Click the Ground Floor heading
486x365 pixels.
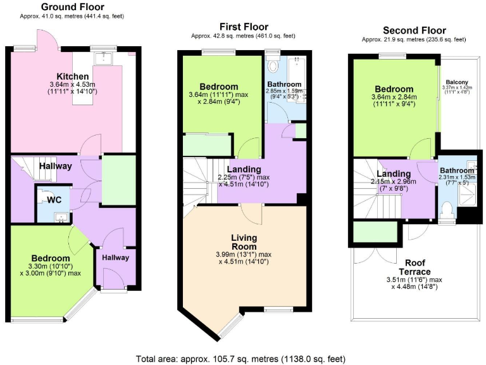[x=73, y=7]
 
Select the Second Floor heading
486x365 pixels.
[x=414, y=30]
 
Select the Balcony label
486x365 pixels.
[x=457, y=82]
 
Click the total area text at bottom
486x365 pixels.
[x=241, y=359]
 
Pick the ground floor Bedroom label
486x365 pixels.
[x=51, y=258]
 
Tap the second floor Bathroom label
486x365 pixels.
[x=457, y=170]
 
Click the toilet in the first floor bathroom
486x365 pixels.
[x=273, y=65]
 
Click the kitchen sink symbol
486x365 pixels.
[x=103, y=59]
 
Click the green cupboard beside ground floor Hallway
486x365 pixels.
[x=118, y=181]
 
